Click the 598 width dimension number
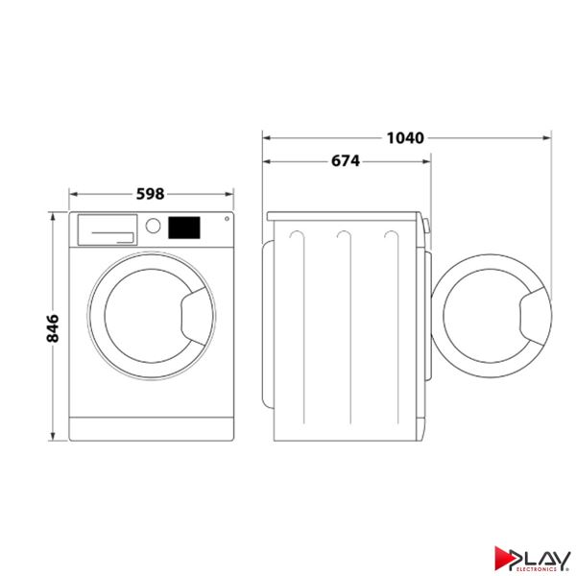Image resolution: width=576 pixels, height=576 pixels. pyautogui.click(x=151, y=193)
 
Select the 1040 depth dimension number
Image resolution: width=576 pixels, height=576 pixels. pyautogui.click(x=404, y=137)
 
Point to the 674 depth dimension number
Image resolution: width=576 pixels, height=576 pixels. pyautogui.click(x=346, y=161)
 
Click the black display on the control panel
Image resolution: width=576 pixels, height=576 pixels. pyautogui.click(x=183, y=228)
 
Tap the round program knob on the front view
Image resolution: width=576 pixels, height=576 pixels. pyautogui.click(x=153, y=227)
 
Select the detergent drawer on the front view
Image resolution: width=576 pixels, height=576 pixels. pyautogui.click(x=105, y=228)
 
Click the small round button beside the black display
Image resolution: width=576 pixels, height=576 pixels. pyautogui.click(x=225, y=219)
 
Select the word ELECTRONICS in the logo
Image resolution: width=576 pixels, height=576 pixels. pyautogui.click(x=544, y=566)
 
